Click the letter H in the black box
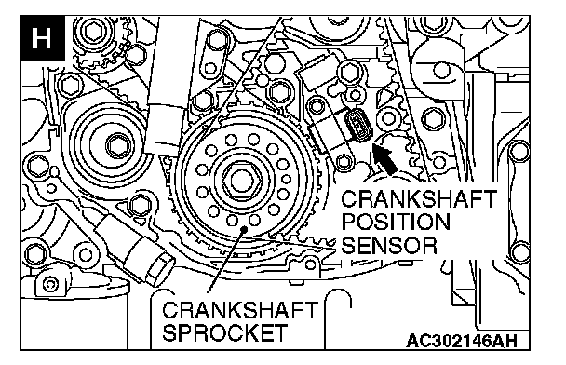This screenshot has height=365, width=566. pyautogui.click(x=41, y=38)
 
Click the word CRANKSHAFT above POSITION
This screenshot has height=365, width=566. pyautogui.click(x=419, y=198)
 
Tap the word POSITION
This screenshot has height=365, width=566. pyautogui.click(x=396, y=222)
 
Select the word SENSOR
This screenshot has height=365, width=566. pyautogui.click(x=389, y=246)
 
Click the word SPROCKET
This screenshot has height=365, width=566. pyautogui.click(x=225, y=332)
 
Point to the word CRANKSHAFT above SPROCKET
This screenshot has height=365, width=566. pyautogui.click(x=240, y=310)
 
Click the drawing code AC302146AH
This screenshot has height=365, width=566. pyautogui.click(x=462, y=341)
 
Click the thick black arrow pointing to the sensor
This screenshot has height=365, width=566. pyautogui.click(x=384, y=159)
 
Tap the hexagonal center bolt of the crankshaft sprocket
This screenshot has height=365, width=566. pyautogui.click(x=240, y=180)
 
